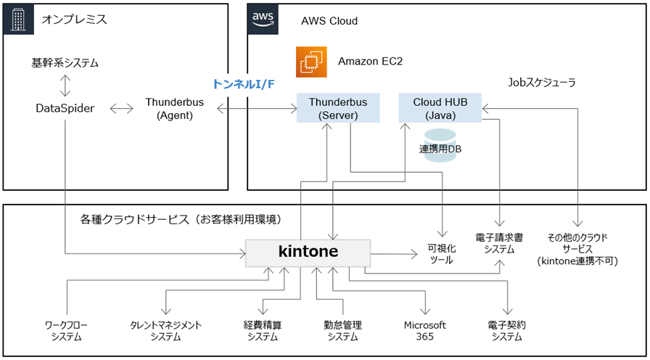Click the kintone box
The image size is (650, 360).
click(x=308, y=252)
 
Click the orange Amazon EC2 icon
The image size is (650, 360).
click(x=311, y=62)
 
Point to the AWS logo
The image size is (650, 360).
click(x=263, y=18)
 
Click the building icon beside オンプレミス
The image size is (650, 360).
click(x=18, y=18)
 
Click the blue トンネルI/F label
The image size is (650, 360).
click(x=244, y=85)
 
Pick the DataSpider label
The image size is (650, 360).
click(x=66, y=108)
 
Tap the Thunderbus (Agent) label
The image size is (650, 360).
click(x=174, y=108)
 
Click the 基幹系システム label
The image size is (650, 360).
click(x=65, y=63)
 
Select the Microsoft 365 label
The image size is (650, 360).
click(x=424, y=330)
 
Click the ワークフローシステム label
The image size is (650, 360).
click(x=66, y=330)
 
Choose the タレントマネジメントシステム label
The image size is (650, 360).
click(x=166, y=330)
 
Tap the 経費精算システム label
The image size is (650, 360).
click(x=262, y=330)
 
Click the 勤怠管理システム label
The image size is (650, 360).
click(x=342, y=330)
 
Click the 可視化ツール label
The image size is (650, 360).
click(x=440, y=253)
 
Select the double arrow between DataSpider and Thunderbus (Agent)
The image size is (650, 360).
click(x=120, y=109)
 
